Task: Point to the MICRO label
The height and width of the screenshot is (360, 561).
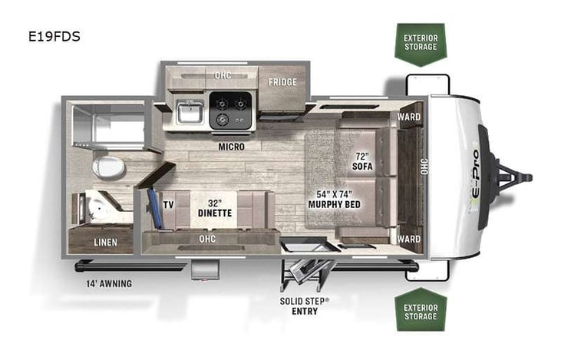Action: click(231, 147)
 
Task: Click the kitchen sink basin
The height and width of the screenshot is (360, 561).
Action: click(187, 114)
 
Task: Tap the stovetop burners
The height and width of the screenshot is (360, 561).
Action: click(230, 109)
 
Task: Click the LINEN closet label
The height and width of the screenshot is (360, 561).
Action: click(106, 243)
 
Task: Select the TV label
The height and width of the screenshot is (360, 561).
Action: click(168, 205)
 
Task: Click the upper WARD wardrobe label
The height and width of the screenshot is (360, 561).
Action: click(408, 117)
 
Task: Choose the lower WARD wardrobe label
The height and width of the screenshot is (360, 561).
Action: click(408, 239)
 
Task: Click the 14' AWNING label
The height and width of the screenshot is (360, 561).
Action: click(109, 283)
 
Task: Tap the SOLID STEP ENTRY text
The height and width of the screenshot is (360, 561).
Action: click(304, 305)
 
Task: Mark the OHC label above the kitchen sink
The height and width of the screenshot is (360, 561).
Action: click(223, 75)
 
